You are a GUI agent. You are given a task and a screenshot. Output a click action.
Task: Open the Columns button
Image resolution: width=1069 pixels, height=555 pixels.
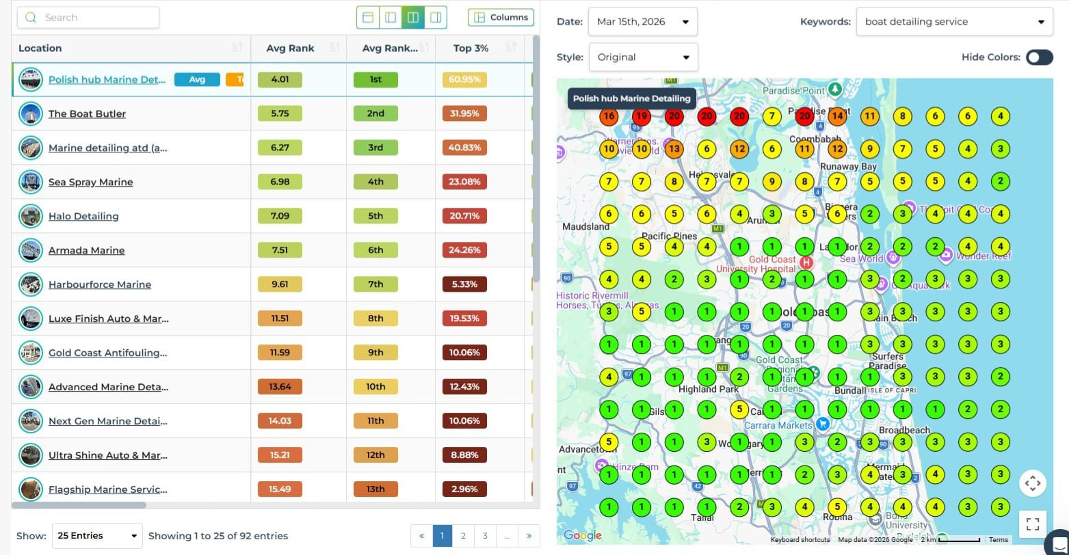click(x=501, y=18)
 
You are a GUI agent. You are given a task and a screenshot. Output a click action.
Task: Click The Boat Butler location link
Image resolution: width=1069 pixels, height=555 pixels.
click(x=87, y=114)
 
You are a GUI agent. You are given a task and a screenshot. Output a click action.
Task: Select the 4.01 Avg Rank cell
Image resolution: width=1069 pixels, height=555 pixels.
click(x=280, y=79)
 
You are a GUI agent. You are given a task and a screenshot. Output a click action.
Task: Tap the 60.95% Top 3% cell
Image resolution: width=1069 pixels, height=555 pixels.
click(x=464, y=79)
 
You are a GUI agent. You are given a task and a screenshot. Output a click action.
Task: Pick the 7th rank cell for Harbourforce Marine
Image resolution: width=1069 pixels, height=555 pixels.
click(x=375, y=284)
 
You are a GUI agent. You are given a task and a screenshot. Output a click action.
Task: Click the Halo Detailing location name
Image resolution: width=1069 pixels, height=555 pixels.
click(x=83, y=217)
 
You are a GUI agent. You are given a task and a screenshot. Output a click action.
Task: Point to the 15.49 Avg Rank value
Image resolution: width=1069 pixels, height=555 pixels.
click(x=280, y=489)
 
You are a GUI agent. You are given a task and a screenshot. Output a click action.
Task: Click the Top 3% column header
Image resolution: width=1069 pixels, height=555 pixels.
click(x=471, y=48)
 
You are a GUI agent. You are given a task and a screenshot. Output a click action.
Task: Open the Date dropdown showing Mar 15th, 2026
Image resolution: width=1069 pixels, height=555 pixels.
click(x=642, y=22)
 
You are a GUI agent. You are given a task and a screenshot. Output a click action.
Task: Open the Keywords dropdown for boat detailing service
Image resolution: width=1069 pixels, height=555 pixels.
click(x=954, y=22)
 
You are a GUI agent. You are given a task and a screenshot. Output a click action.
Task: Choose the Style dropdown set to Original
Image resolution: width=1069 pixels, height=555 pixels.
click(x=643, y=57)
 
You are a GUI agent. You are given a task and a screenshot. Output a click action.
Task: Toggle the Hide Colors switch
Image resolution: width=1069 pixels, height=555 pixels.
click(x=1039, y=57)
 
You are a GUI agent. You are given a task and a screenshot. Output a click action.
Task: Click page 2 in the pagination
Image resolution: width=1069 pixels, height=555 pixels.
click(x=463, y=536)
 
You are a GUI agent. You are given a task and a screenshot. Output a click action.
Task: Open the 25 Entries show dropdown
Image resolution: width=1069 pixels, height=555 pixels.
click(x=97, y=536)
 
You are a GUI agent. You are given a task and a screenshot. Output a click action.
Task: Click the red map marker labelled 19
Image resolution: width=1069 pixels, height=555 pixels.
click(x=641, y=116)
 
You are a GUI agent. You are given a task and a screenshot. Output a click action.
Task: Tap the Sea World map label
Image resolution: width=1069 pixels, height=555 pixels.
click(x=861, y=259)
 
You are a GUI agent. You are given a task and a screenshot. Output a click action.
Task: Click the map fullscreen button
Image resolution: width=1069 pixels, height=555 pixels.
click(x=1033, y=524)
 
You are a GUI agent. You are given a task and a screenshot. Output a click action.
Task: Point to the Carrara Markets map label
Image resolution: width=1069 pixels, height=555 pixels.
click(x=778, y=425)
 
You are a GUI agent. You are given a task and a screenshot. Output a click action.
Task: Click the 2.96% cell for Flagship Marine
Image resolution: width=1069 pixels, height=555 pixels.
click(x=464, y=489)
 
